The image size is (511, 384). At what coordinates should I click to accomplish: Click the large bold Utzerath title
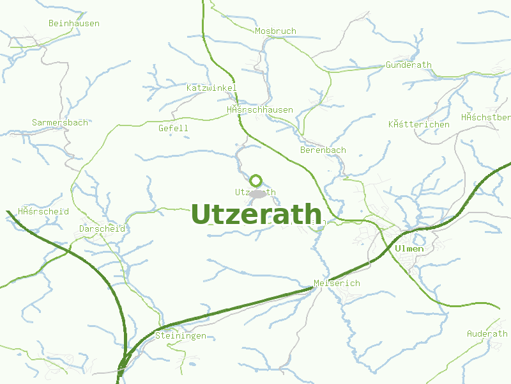pos(256,214)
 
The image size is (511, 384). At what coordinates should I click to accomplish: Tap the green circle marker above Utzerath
pos(256,180)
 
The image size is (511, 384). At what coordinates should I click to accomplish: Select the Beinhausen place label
pos(74,23)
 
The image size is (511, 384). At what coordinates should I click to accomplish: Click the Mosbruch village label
pos(275,31)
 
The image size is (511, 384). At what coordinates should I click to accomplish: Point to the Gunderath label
pos(409,65)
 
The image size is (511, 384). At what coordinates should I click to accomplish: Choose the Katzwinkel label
pos(211,88)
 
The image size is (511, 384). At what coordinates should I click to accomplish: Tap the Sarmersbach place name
pos(60,122)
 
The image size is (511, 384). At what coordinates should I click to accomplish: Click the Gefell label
pos(173,128)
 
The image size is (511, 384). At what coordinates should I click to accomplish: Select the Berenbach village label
pos(323,150)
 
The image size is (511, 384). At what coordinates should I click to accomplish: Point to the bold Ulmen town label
pos(409,248)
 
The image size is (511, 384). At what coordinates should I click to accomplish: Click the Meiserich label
pos(337,283)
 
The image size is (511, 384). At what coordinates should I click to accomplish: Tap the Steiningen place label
pos(181,335)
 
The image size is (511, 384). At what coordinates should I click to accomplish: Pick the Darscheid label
pos(102,228)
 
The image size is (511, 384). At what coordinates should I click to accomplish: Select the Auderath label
pos(487,333)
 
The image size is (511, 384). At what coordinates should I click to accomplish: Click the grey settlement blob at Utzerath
pos(258,193)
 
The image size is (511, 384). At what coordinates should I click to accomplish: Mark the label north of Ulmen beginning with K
pos(419,124)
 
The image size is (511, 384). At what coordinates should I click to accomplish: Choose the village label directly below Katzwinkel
pos(260,109)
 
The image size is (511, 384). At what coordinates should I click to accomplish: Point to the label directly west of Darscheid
pos(43,211)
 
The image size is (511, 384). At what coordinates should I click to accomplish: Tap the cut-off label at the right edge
pos(486,117)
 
